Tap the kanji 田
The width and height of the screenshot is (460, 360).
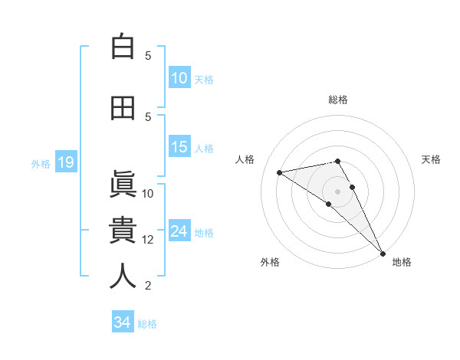pyautogui.click(x=123, y=108)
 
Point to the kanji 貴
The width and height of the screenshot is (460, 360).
pyautogui.click(x=123, y=231)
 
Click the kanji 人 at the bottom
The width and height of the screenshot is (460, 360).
pyautogui.click(x=123, y=277)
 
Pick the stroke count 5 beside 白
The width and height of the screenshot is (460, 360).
pyautogui.click(x=148, y=56)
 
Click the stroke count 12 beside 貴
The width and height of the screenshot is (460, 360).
pyautogui.click(x=148, y=240)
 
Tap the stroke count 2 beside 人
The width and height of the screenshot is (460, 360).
pyautogui.click(x=148, y=286)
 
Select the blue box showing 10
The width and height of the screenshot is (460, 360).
pyautogui.click(x=179, y=78)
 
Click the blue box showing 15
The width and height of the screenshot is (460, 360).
pyautogui.click(x=179, y=147)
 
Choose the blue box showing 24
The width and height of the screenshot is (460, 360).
pyautogui.click(x=179, y=231)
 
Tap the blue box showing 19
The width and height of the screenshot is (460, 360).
pyautogui.click(x=65, y=162)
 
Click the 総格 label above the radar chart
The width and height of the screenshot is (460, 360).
pyautogui.click(x=338, y=100)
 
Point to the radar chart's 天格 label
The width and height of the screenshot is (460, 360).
pyautogui.click(x=431, y=159)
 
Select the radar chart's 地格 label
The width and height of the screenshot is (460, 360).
pyautogui.click(x=402, y=262)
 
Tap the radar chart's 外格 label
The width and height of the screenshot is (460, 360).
pyautogui.click(x=270, y=262)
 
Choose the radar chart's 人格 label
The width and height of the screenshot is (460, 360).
pyautogui.click(x=245, y=159)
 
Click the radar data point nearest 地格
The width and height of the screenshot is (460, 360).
pyautogui.click(x=383, y=254)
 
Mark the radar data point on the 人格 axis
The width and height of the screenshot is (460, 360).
pyautogui.click(x=280, y=172)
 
